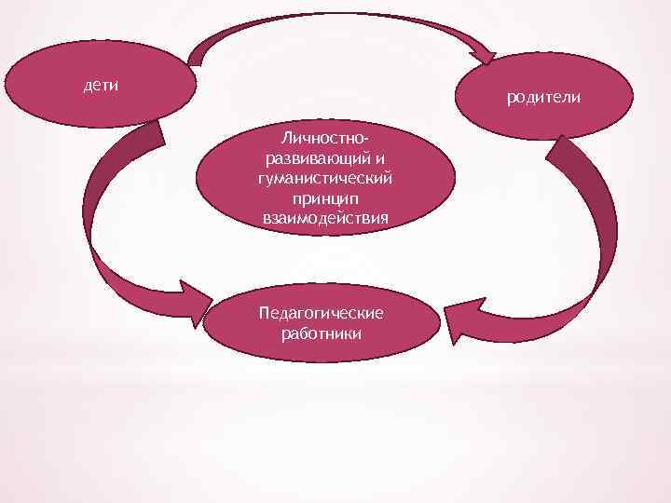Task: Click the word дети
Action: click(100, 86)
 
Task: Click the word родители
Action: click(543, 97)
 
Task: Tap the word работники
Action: click(322, 333)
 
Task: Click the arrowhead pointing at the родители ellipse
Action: click(484, 51)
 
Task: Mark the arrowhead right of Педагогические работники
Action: click(458, 320)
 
